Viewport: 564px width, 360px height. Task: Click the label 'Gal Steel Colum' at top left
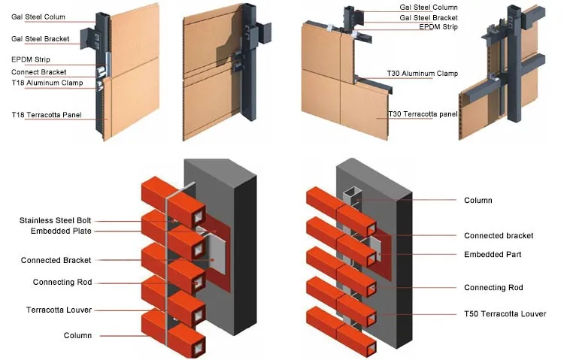[38, 17]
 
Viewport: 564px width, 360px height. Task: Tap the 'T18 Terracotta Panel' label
[47, 114]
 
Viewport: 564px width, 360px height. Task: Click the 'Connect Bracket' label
[40, 72]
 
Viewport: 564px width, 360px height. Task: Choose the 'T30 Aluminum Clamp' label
[422, 74]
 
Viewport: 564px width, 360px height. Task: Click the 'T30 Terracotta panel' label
[422, 114]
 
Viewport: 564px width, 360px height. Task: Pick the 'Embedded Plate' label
[61, 231]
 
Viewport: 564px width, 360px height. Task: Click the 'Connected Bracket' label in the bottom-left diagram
[56, 260]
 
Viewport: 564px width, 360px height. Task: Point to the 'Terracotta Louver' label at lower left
[59, 310]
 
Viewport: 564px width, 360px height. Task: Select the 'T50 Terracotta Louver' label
[505, 314]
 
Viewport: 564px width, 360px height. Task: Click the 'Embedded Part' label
[493, 255]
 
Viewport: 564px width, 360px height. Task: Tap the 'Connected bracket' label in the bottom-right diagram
[499, 236]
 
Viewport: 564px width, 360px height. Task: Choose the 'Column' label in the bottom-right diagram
[478, 201]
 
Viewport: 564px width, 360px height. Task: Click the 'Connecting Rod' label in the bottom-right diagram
[493, 288]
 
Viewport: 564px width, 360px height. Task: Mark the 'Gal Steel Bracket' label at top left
[41, 38]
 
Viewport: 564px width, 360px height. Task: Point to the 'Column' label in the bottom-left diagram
[77, 335]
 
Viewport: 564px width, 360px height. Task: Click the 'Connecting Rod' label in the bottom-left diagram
[62, 283]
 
